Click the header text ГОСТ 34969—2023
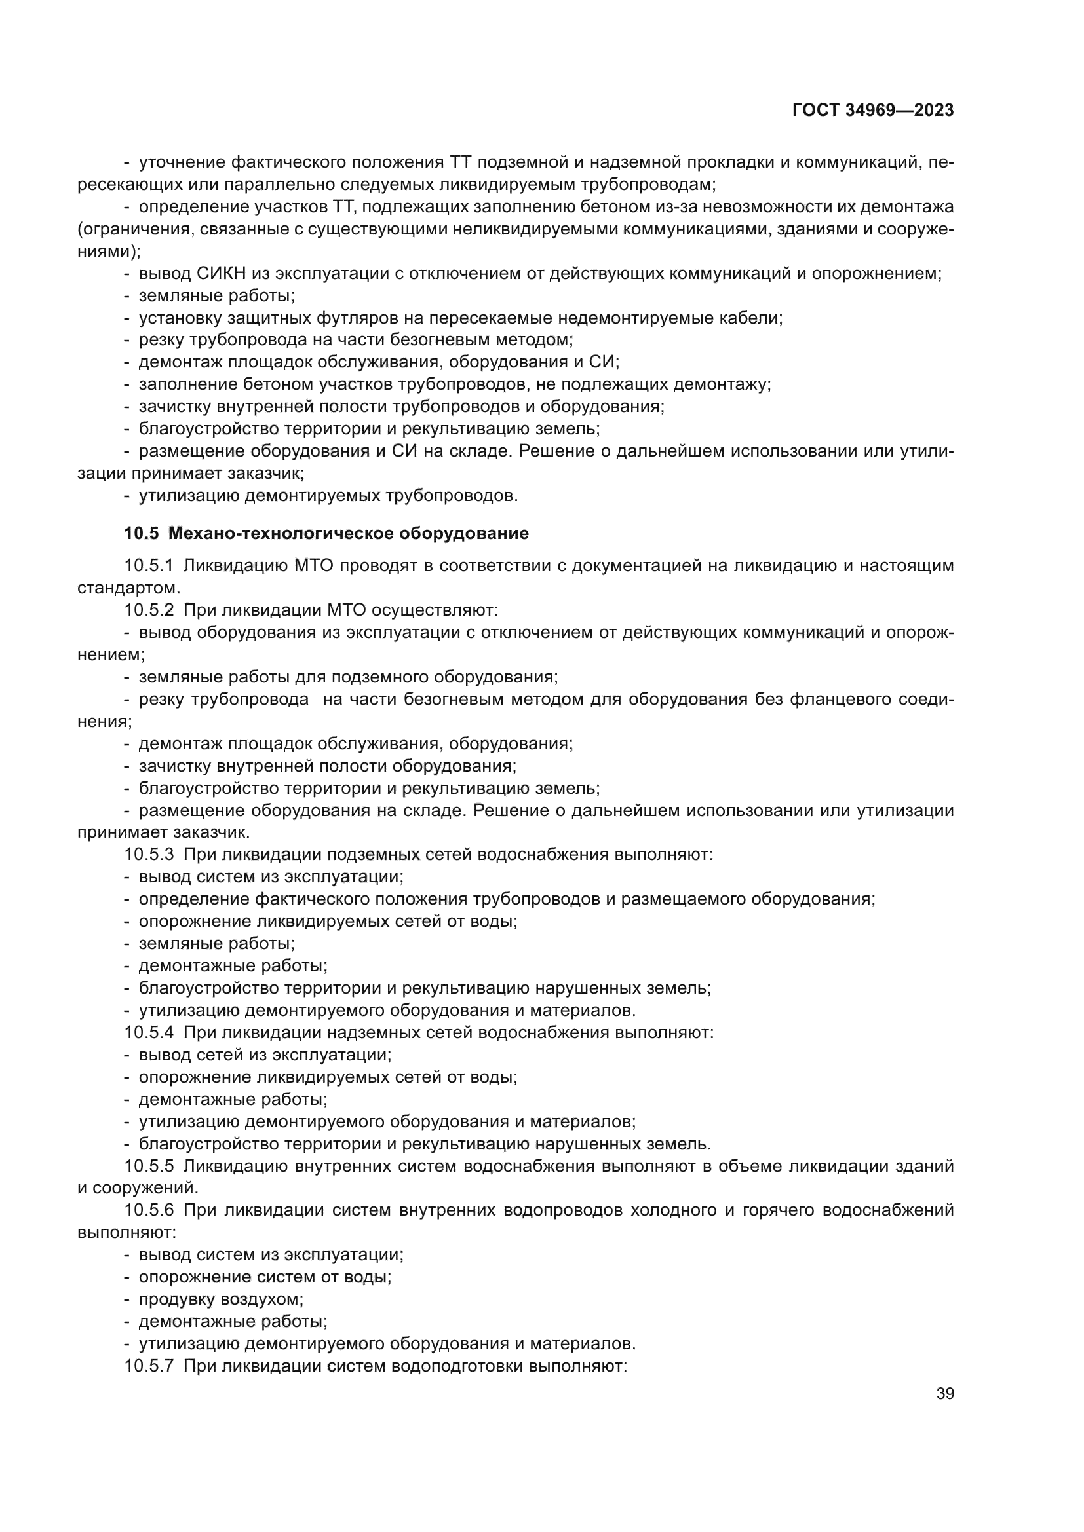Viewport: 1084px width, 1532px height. pyautogui.click(x=872, y=111)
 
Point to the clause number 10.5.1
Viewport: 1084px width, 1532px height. pyautogui.click(x=149, y=566)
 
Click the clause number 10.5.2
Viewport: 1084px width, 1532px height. pyautogui.click(x=149, y=610)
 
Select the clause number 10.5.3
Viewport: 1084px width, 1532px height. pyautogui.click(x=149, y=855)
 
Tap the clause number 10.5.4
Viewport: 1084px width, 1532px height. pyautogui.click(x=149, y=1033)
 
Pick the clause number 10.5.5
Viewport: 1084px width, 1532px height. pyautogui.click(x=149, y=1167)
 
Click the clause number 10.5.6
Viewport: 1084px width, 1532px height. pyautogui.click(x=149, y=1210)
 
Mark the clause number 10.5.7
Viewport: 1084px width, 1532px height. pyautogui.click(x=149, y=1366)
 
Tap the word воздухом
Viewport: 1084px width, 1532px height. pyautogui.click(x=261, y=1299)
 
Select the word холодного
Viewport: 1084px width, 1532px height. pyautogui.click(x=674, y=1210)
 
